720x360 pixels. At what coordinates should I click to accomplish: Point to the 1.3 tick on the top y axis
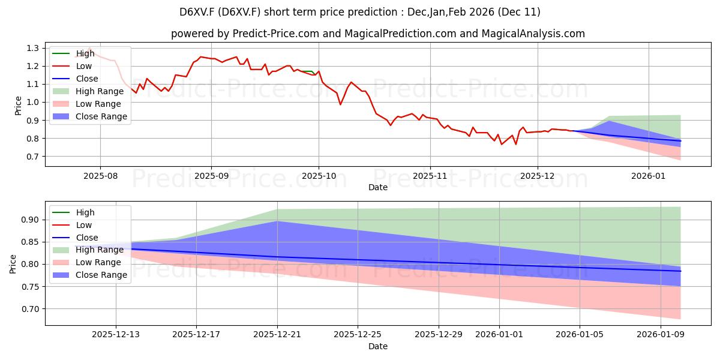pyautogui.click(x=34, y=48)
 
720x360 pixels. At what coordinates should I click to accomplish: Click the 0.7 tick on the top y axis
pyautogui.click(x=34, y=157)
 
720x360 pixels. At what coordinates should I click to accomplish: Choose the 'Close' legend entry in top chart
pyautogui.click(x=87, y=79)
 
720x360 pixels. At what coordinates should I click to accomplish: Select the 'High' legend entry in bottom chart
pyautogui.click(x=85, y=212)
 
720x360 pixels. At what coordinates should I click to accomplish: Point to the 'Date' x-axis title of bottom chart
pyautogui.click(x=377, y=346)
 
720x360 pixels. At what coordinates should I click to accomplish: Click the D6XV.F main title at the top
pyautogui.click(x=360, y=12)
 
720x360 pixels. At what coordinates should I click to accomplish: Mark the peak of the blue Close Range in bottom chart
pyautogui.click(x=277, y=221)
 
